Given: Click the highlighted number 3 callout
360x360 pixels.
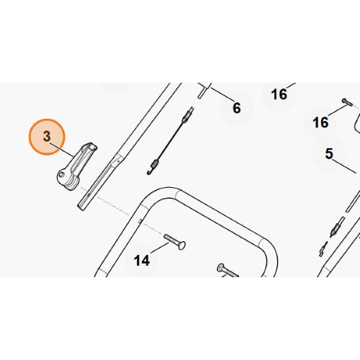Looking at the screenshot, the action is [47, 137].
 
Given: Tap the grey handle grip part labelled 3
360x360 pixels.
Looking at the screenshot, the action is [77, 166].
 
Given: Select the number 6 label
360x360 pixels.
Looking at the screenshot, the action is [237, 108].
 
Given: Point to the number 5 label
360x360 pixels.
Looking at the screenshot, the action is [329, 153].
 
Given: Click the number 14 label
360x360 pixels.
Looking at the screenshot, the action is [142, 261].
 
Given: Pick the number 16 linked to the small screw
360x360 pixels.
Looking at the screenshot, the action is [320, 122].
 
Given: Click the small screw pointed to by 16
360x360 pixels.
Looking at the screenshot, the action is [347, 102].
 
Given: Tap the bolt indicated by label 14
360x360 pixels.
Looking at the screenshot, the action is [174, 242].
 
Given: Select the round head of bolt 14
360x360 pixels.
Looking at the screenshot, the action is [182, 246].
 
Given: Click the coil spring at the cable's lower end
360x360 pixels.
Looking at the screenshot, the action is [155, 163].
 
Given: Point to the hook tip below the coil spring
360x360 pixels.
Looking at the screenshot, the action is [148, 174].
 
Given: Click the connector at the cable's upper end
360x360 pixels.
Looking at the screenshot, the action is [188, 114].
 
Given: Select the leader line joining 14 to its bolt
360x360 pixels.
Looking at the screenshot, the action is [160, 248].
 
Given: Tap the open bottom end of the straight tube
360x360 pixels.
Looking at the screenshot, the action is [81, 207].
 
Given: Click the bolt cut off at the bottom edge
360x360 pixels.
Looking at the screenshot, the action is [228, 271].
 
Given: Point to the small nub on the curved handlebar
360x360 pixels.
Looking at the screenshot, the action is [140, 221].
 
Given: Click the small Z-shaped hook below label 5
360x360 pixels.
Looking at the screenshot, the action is [323, 249].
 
